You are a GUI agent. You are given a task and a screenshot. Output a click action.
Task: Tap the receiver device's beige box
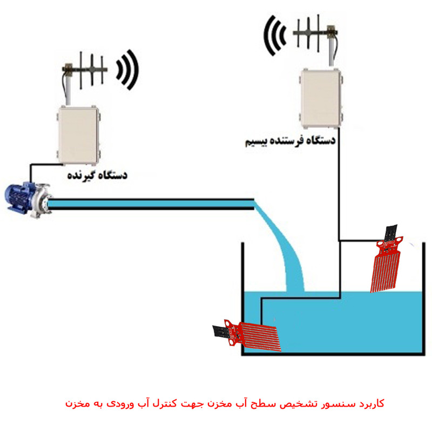click(79, 134)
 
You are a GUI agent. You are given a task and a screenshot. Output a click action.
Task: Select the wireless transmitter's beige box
click(320, 98)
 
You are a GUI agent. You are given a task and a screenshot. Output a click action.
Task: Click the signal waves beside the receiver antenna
click(129, 69)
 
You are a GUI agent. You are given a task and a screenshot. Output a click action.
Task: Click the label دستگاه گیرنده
click(97, 175)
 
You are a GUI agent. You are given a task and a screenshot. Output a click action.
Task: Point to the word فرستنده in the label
click(286, 141)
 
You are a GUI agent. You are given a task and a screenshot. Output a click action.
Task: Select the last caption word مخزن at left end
click(76, 403)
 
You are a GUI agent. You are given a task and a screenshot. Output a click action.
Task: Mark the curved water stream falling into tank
click(286, 254)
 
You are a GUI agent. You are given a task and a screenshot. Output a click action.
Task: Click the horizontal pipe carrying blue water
click(151, 203)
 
